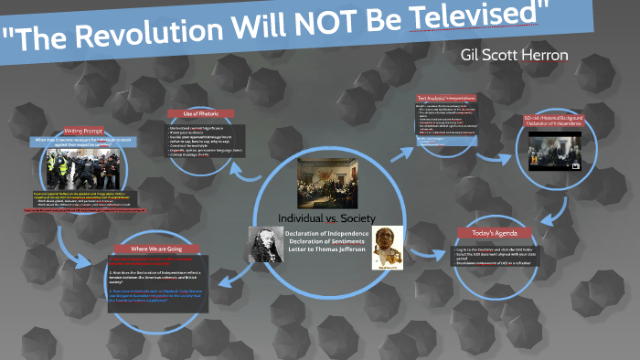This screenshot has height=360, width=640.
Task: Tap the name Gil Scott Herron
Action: pyautogui.click(x=516, y=56)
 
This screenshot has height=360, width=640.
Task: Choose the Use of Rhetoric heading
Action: pyautogui.click(x=200, y=113)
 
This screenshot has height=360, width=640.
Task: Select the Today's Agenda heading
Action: pyautogui.click(x=494, y=233)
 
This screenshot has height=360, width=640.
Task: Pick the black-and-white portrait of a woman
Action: pyautogui.click(x=266, y=244)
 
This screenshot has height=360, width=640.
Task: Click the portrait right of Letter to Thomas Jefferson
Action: pyautogui.click(x=388, y=249)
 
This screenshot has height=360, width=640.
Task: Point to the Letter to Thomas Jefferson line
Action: pyautogui.click(x=326, y=249)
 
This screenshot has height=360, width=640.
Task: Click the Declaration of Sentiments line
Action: pyautogui.click(x=326, y=240)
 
